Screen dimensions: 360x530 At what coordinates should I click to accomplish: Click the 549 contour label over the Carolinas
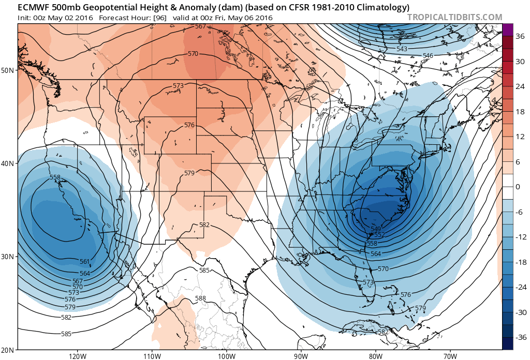click(376, 229)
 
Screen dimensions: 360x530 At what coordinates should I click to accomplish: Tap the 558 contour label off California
click(55, 177)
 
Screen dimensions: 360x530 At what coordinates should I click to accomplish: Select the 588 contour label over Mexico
click(200, 298)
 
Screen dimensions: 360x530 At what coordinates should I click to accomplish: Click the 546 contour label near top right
click(428, 56)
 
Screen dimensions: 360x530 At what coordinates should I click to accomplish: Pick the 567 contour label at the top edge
click(200, 26)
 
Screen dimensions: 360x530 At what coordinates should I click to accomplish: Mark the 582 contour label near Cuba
click(383, 332)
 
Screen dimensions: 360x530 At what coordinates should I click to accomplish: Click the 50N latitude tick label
click(8, 70)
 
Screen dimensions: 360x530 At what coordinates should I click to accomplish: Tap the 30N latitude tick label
click(8, 257)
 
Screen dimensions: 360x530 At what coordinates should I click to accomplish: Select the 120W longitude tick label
click(77, 355)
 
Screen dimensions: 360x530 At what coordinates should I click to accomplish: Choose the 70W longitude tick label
click(450, 355)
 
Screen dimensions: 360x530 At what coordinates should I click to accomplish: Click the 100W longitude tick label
click(226, 355)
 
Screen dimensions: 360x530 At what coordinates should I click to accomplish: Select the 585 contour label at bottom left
click(66, 334)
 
